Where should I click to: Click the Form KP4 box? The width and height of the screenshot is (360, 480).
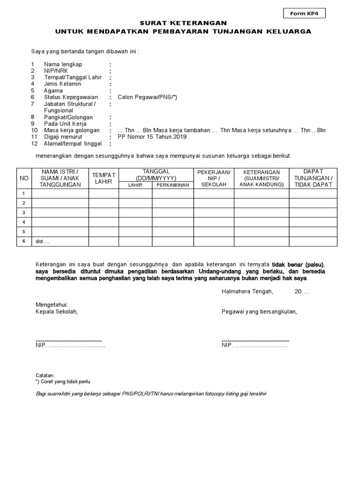tap(304, 14)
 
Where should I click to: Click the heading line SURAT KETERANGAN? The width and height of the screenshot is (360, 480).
tap(183, 22)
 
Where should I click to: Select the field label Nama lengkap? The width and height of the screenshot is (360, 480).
tap(63, 64)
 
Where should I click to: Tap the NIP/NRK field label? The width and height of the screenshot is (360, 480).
tap(56, 71)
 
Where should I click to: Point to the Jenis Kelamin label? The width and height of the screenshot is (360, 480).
tap(62, 84)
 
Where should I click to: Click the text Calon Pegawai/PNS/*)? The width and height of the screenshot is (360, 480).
tap(148, 97)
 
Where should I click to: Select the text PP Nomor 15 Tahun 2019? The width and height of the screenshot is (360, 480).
tap(152, 137)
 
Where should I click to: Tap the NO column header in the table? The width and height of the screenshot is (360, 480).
tap(24, 179)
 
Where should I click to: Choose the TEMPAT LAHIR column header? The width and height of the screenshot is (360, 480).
tap(104, 178)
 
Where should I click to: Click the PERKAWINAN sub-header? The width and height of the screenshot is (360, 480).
tap(172, 185)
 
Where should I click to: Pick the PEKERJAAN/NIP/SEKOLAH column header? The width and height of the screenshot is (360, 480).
tap(214, 179)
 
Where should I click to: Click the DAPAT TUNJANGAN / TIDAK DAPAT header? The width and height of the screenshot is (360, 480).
tap(313, 178)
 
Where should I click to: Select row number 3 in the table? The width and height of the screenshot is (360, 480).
tap(24, 212)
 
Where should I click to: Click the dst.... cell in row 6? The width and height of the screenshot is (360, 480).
tap(43, 241)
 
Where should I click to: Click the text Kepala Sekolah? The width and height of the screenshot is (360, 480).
tap(57, 311)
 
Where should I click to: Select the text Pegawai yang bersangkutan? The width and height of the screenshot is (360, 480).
tap(259, 311)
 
